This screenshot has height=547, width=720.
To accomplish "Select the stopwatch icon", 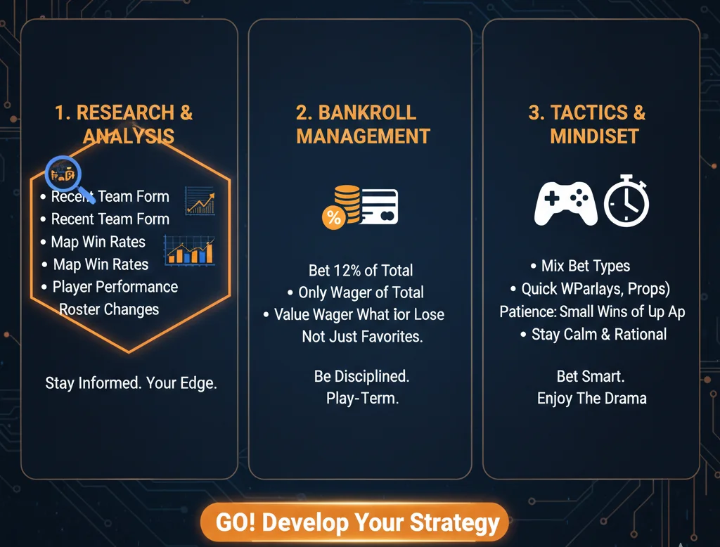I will click(626, 202).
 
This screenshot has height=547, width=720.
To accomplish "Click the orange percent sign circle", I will click(333, 217).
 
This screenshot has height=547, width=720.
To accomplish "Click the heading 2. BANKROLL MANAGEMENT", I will click(363, 124).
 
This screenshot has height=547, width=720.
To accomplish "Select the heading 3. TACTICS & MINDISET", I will click(586, 124).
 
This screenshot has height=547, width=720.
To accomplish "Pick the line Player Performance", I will click(115, 287).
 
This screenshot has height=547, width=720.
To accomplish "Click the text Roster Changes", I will click(109, 309).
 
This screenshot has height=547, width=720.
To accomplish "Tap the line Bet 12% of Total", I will click(360, 270).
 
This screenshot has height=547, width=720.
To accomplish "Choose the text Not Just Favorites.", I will click(362, 337).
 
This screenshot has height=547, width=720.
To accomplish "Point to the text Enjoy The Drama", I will click(591, 399).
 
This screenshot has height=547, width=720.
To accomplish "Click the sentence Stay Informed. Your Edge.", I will click(131, 383).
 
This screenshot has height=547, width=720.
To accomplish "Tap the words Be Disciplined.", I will click(361, 376).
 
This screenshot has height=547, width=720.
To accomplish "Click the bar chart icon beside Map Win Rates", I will click(188, 251).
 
